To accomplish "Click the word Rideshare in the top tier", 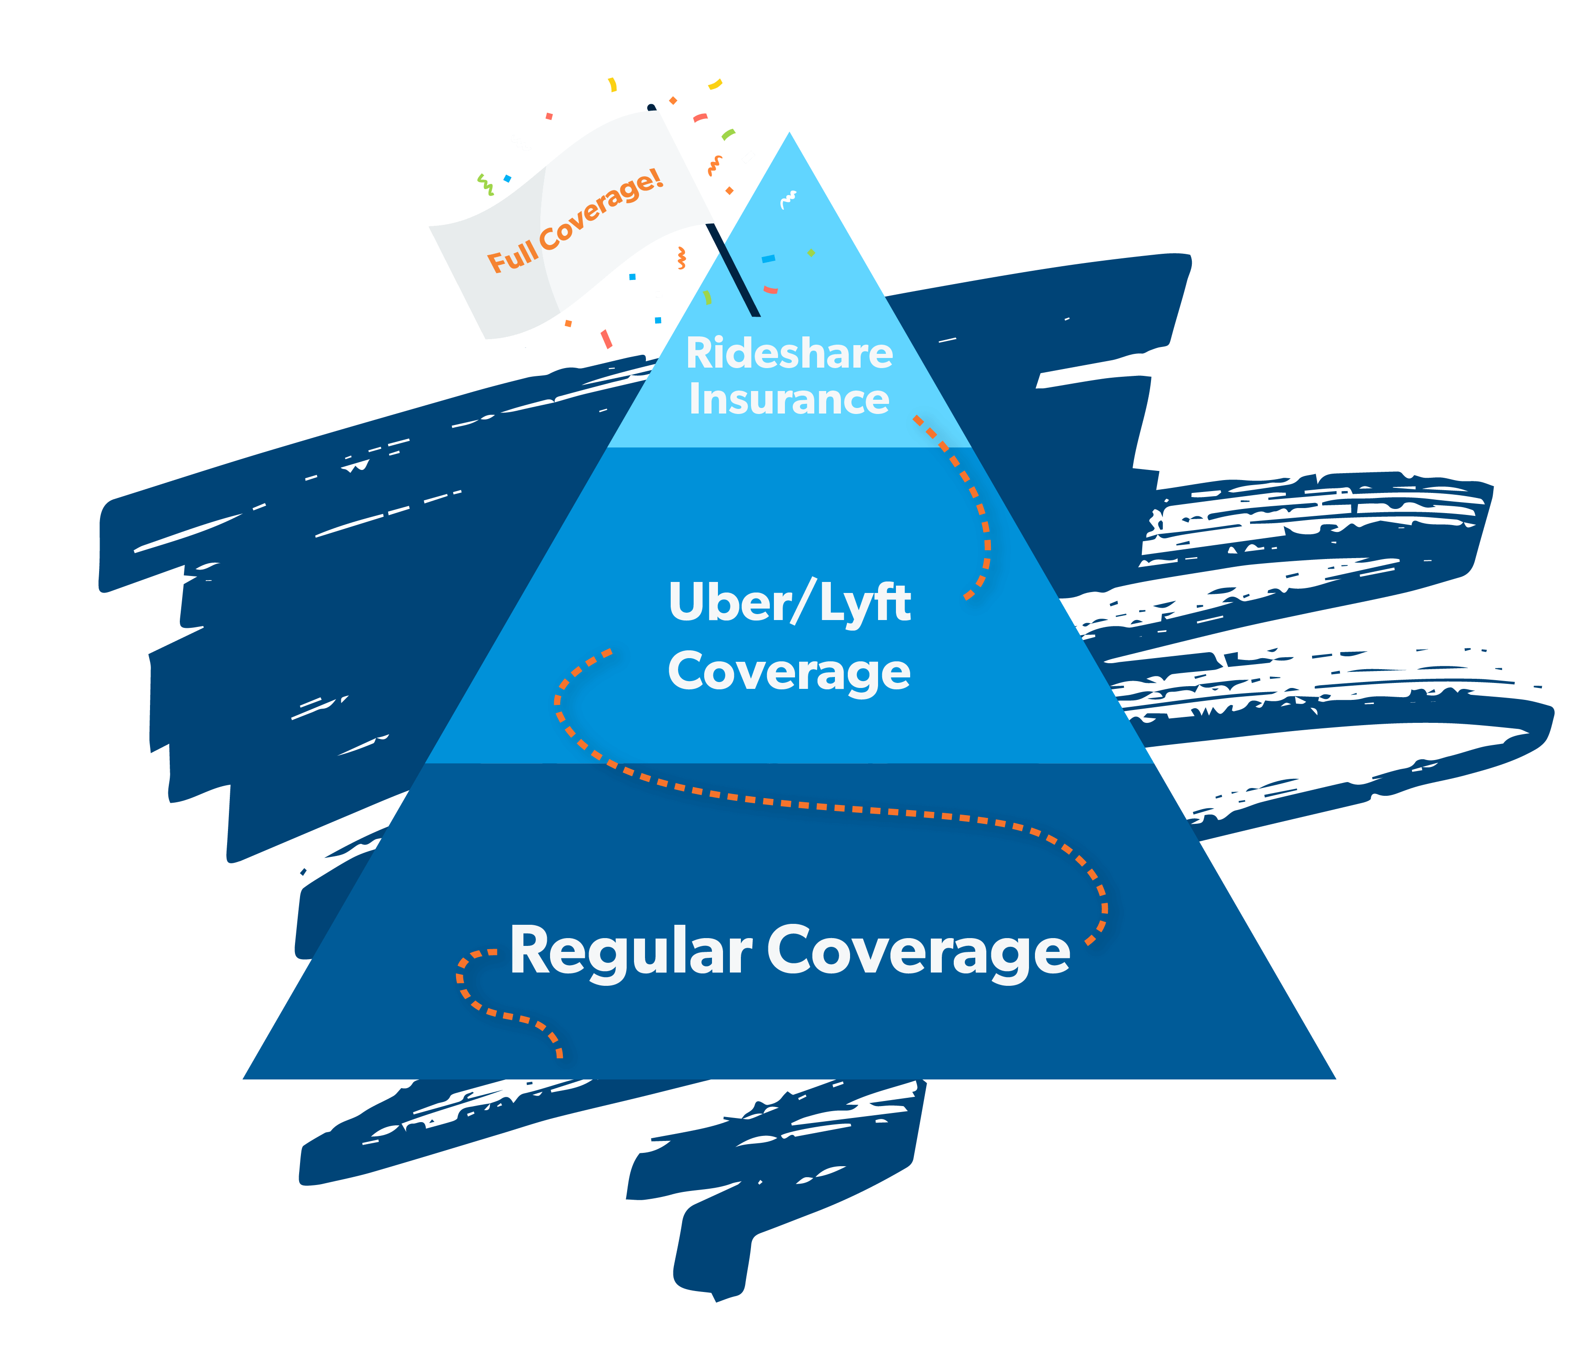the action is [x=790, y=353].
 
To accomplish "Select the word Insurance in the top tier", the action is [x=790, y=399].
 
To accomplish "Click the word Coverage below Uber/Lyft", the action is [x=790, y=672].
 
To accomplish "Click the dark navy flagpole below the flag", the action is [x=733, y=270].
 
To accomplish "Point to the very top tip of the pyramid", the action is [x=790, y=133].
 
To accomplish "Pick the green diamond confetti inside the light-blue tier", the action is [x=811, y=253].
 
